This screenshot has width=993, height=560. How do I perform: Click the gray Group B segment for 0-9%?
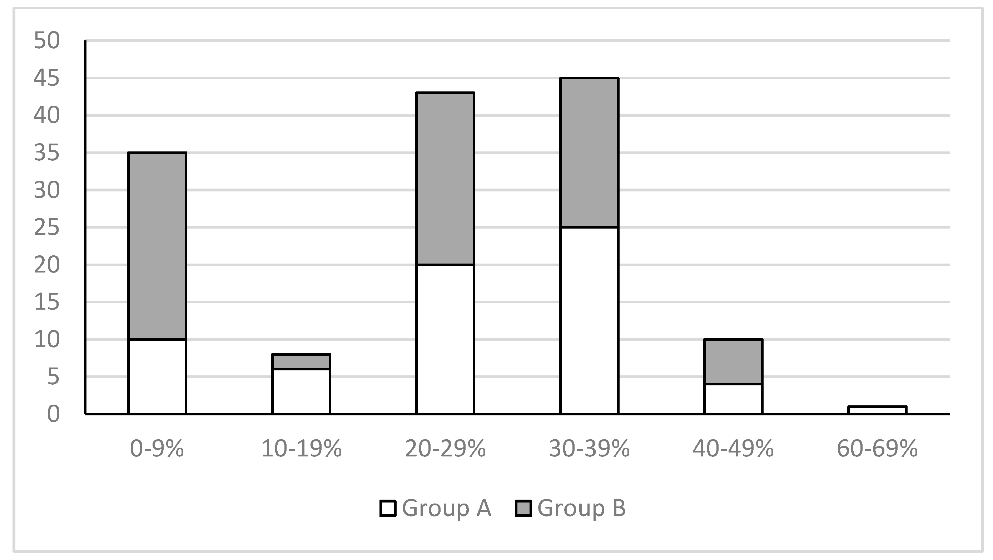(x=157, y=246)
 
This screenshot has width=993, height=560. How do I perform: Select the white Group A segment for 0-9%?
(x=157, y=376)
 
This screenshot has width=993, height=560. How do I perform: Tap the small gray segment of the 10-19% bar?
(x=301, y=361)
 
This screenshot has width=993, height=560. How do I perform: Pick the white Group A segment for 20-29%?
(x=445, y=339)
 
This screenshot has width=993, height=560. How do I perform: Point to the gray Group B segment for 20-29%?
(x=445, y=179)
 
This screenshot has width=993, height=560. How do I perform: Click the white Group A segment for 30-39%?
(x=589, y=321)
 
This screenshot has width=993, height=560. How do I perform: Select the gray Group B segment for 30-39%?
(x=589, y=152)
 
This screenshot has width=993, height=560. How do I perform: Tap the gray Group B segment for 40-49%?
(x=733, y=361)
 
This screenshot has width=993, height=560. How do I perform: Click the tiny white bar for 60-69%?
(x=877, y=410)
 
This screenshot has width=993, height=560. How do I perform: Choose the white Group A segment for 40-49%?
(x=733, y=399)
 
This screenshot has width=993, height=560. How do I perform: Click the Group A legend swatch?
(x=388, y=508)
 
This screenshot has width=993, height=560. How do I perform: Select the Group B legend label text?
(x=581, y=508)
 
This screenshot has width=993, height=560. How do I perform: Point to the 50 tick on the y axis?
(x=47, y=40)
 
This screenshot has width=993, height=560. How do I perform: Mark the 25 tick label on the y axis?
(x=47, y=227)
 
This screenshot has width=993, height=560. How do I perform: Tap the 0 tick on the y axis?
(x=54, y=414)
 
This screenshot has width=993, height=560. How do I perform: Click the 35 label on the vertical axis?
(x=47, y=153)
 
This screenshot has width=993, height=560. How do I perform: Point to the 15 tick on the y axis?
(x=47, y=302)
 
